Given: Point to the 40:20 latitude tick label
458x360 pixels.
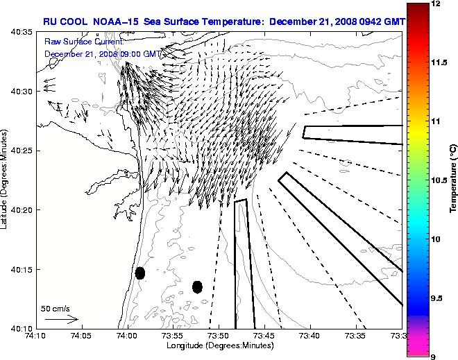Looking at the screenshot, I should coord(23,209).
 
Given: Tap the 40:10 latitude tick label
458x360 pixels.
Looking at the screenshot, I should coord(23,328).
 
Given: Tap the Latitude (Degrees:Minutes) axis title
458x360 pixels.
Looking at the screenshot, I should coord(6,179).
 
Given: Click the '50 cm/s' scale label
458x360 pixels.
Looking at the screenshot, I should coord(56,308).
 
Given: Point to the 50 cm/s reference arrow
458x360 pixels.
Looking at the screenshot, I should coord(62,320).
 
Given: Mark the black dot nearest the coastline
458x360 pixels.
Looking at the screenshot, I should coord(140,273).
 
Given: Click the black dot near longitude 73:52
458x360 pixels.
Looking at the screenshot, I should coord(197,286).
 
